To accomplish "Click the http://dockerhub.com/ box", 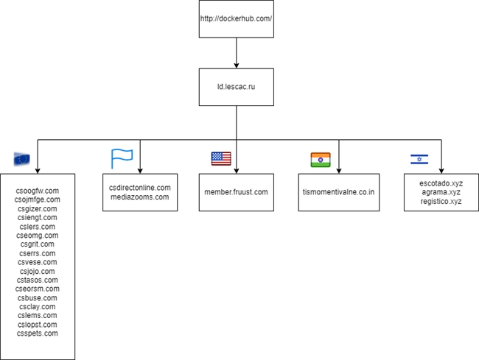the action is (x=236, y=19).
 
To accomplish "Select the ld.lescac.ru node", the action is (x=236, y=87).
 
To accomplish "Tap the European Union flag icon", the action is (x=21, y=159).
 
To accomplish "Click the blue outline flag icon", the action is (x=122, y=158).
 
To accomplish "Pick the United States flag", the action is (x=221, y=158).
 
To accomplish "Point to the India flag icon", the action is (x=321, y=160).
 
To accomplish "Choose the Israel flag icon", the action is (x=419, y=159).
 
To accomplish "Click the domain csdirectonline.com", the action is (x=140, y=188).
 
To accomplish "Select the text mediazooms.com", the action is (x=140, y=197).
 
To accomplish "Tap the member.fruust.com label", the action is (x=236, y=192).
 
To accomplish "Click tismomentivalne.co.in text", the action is (x=338, y=192).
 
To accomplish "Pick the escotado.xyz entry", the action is (x=441, y=183).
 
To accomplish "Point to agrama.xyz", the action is (x=441, y=192).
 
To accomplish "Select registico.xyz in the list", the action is (x=441, y=202).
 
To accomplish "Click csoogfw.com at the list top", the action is (x=38, y=191).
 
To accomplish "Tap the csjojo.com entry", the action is (x=38, y=271).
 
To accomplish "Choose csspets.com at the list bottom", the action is (x=38, y=333).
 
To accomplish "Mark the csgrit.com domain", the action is (x=38, y=244).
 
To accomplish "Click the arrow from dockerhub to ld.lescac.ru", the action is (x=236, y=53).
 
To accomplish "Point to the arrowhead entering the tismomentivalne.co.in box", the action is (x=339, y=171).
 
